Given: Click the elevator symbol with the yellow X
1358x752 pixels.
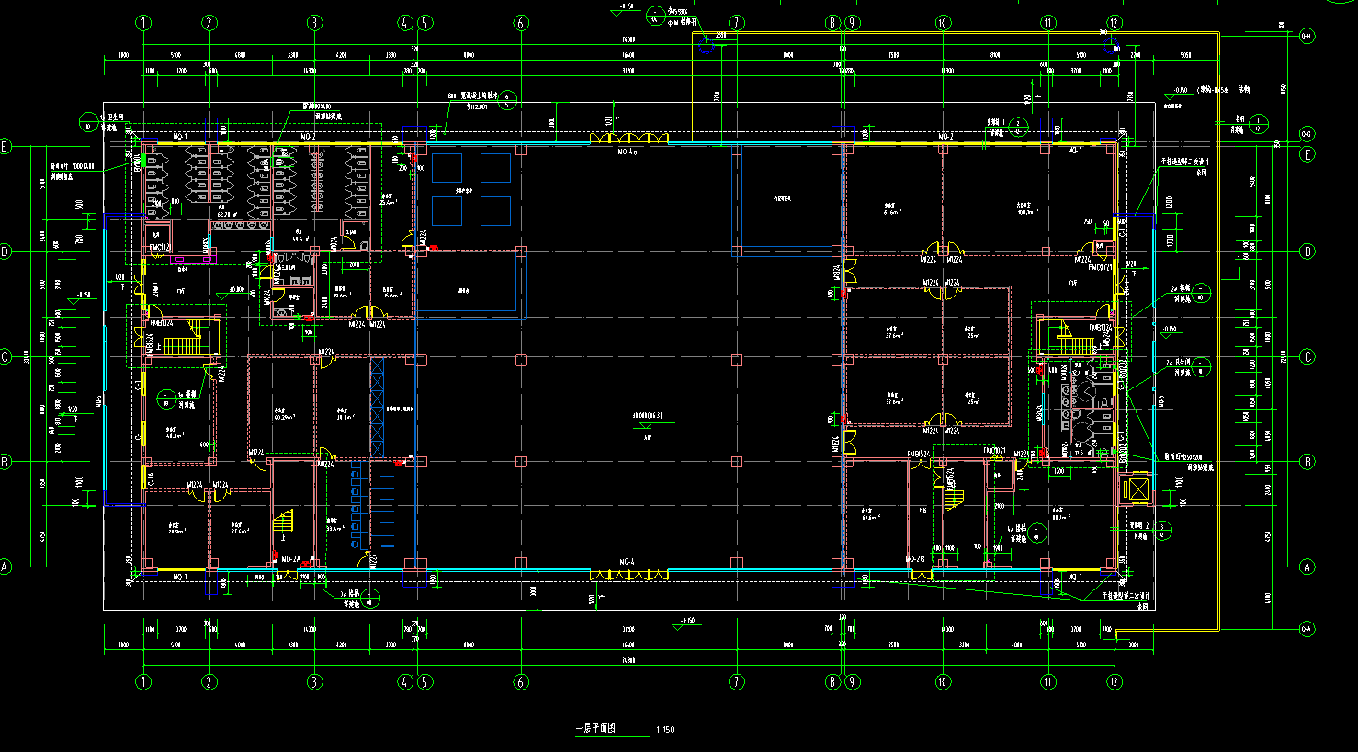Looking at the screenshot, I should click(x=1135, y=488).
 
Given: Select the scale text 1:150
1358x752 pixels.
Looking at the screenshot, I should click(x=665, y=730).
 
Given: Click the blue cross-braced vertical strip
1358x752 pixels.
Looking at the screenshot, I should click(x=377, y=408).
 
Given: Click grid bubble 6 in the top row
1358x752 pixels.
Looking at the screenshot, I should click(x=522, y=23).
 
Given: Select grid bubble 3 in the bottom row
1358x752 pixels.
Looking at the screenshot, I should click(x=314, y=682).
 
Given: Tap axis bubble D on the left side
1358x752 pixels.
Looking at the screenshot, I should click(x=6, y=252).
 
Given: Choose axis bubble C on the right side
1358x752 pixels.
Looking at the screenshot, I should click(x=1307, y=357).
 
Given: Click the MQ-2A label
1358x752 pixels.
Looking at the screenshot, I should click(x=290, y=559).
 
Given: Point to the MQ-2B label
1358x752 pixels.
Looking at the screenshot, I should click(x=914, y=559).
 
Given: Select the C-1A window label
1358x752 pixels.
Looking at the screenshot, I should click(x=151, y=478).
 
